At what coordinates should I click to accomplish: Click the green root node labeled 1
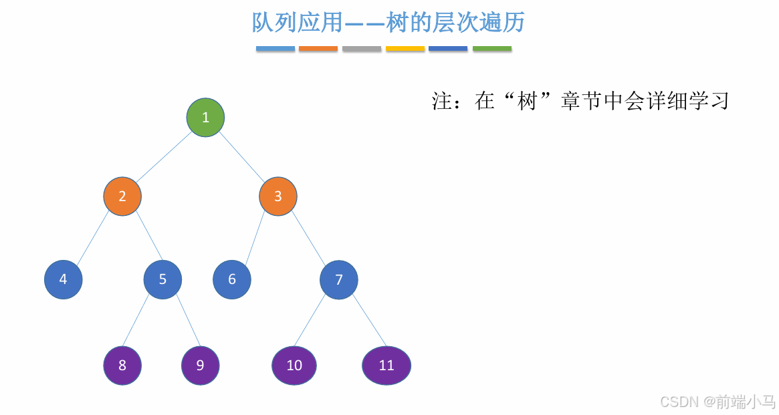tap(205, 118)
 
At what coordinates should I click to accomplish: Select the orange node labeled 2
tap(122, 196)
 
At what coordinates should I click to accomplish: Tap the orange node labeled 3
tap(278, 196)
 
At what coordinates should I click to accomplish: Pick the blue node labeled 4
tap(64, 279)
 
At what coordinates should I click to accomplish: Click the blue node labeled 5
tap(162, 279)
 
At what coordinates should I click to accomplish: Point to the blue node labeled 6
tap(232, 279)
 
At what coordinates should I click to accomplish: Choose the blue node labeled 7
tap(339, 279)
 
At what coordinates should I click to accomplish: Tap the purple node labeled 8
tap(122, 366)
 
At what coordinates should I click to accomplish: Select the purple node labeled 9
tap(201, 366)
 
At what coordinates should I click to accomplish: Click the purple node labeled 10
tap(294, 366)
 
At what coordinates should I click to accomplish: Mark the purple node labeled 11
tap(386, 366)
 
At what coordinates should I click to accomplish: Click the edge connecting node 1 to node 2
tap(164, 157)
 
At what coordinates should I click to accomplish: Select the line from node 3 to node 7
tap(309, 239)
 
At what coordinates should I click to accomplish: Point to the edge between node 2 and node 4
tap(93, 238)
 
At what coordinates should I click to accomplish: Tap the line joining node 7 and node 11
tap(370, 322)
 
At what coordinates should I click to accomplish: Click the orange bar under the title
tap(318, 49)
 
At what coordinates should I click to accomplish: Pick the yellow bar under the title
tap(405, 49)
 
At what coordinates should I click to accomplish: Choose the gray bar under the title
tap(362, 49)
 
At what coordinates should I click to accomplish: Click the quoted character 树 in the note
tap(528, 102)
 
